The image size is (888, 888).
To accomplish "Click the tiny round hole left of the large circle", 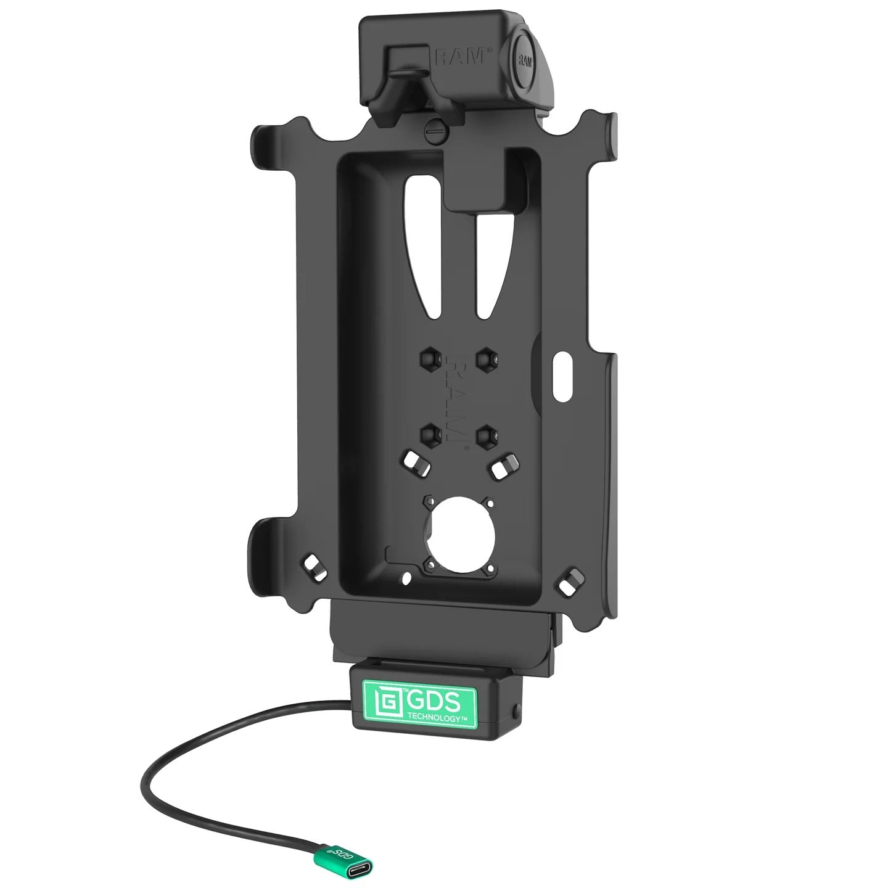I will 406,578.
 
